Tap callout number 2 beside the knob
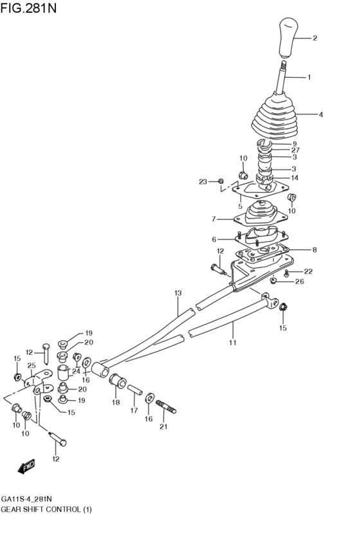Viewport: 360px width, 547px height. coord(315,39)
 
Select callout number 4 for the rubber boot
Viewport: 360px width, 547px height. coord(320,114)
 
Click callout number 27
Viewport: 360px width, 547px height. coord(296,150)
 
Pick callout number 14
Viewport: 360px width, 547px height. coord(295,177)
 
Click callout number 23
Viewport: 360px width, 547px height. coord(203,182)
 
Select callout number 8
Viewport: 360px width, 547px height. coord(314,249)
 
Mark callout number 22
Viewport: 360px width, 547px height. coord(308,271)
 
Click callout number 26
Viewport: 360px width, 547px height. coord(300,282)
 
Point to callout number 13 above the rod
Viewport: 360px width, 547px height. coord(178,293)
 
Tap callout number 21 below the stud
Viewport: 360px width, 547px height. coord(163,427)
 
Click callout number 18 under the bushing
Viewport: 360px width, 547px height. coord(116,402)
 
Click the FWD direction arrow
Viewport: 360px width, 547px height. coord(26,468)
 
